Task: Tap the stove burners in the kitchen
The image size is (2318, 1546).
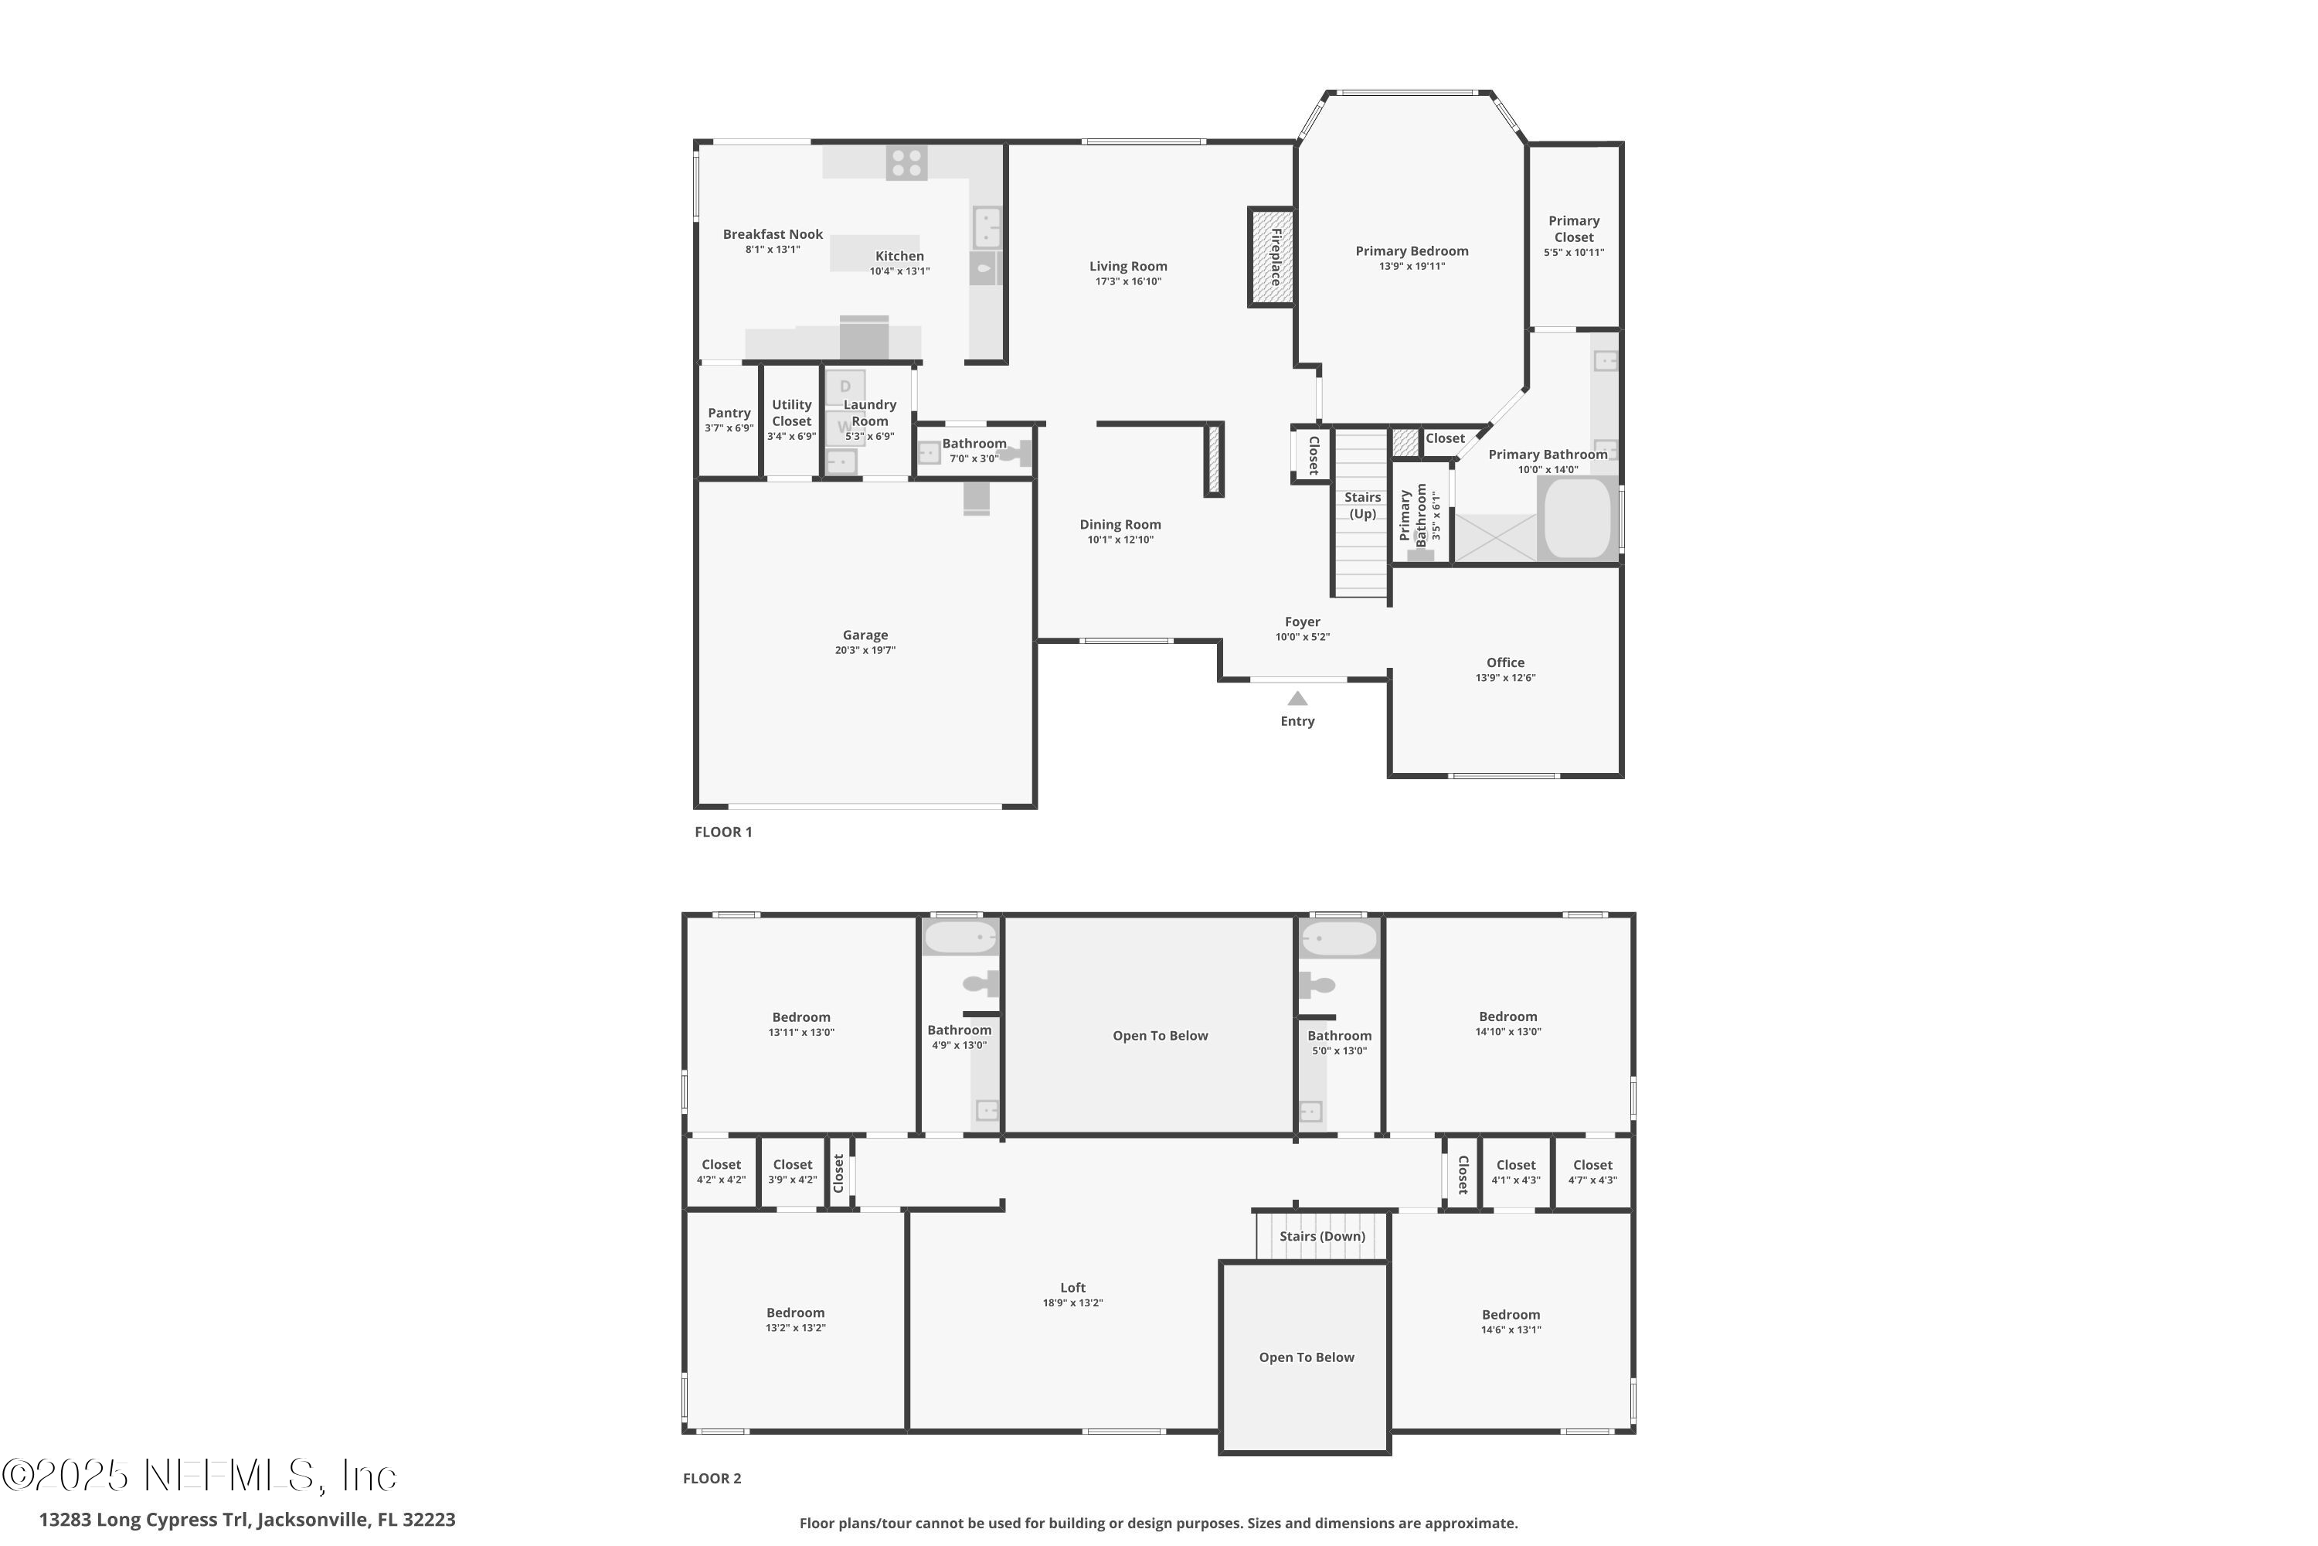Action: click(906, 162)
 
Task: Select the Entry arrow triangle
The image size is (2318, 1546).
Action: click(1297, 698)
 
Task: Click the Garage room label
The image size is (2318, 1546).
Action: click(865, 635)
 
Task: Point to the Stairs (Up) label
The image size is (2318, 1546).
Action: click(1362, 505)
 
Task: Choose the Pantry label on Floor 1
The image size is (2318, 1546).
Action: click(729, 413)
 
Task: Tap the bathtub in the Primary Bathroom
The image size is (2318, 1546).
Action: click(1577, 519)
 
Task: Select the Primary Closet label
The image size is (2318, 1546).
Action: click(1573, 229)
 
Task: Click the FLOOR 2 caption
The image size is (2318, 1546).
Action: click(712, 1478)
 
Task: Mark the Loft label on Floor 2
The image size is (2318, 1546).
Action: click(1072, 1288)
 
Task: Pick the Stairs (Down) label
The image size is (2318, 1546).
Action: click(1321, 1236)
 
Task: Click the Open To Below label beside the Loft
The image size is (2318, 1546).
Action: click(1306, 1357)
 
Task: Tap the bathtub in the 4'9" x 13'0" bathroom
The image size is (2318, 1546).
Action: click(959, 938)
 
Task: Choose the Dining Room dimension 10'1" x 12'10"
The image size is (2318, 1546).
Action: click(1120, 540)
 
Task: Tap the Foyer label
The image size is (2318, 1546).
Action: click(1301, 622)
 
